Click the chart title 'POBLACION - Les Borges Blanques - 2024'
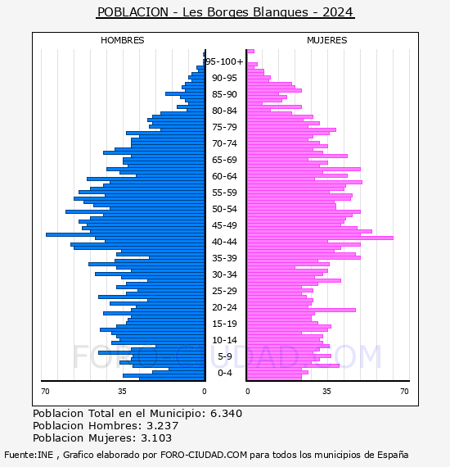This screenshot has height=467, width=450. [225, 12]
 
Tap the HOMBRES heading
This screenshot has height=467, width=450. [122, 40]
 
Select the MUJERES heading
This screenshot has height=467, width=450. [327, 40]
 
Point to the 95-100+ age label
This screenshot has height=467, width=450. [224, 61]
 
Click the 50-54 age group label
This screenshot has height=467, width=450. [224, 209]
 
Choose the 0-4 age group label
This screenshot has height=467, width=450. [225, 373]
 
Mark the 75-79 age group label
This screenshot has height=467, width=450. [224, 127]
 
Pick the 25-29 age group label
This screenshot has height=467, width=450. [224, 291]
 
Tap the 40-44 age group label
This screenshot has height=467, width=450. [224, 242]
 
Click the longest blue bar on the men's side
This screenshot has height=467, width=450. [125, 234]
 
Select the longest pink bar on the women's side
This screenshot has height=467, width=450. [321, 238]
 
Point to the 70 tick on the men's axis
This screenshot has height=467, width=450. [45, 391]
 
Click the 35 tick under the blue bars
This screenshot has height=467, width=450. [122, 391]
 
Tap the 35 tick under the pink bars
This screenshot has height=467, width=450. [327, 391]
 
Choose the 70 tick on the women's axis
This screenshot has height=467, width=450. [404, 391]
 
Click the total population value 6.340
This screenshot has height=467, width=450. [227, 414]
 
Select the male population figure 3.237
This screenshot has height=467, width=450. [162, 425]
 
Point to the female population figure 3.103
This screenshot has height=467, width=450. [156, 438]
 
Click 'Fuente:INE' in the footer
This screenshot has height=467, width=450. [29, 455]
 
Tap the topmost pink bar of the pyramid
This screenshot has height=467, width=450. [250, 52]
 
